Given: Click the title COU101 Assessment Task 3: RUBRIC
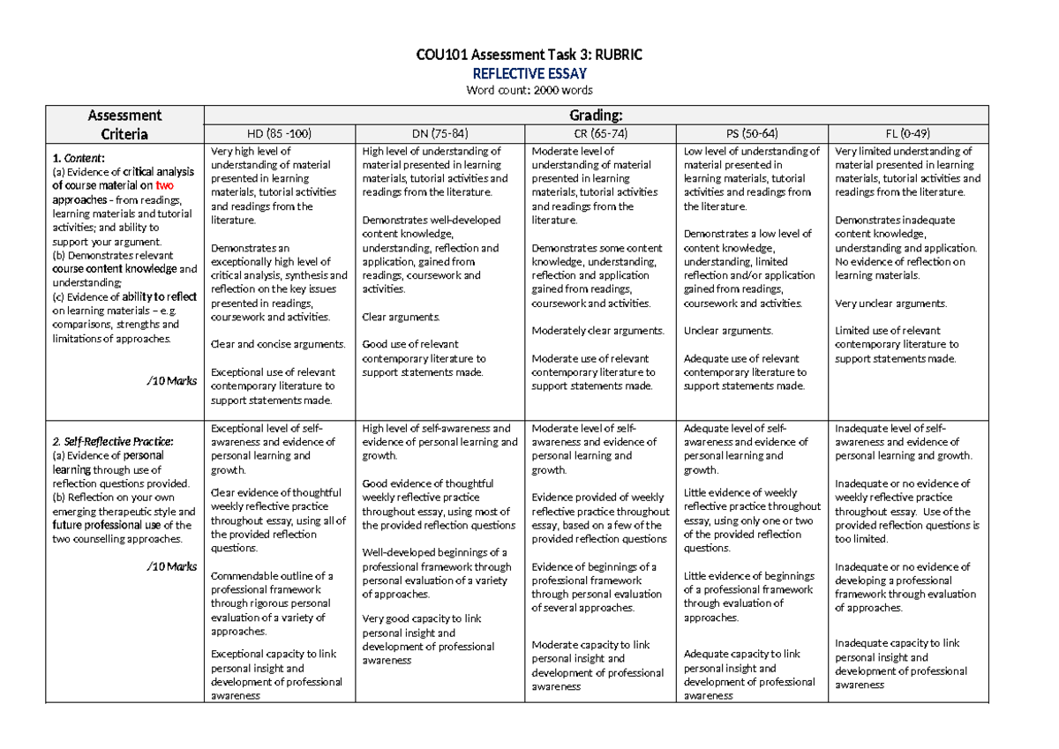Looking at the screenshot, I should coord(529,56).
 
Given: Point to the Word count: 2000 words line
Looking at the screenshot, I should coord(529,90).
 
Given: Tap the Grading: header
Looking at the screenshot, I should coord(597,115).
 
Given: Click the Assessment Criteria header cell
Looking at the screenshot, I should coord(124,124).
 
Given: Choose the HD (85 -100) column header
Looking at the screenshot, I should coord(278,134).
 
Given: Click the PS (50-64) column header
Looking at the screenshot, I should coord(751,134).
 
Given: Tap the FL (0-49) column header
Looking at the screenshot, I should coord(906,134).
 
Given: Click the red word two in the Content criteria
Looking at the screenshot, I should coord(165,186).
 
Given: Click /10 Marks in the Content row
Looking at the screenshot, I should coord(173,381).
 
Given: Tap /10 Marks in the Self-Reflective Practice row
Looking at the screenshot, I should coord(173,565).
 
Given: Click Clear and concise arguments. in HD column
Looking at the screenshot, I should coord(278,344).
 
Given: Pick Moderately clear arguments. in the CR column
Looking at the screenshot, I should coord(597,331).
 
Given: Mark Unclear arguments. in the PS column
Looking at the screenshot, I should coord(728,331).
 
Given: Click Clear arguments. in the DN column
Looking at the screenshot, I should coord(400,317).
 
